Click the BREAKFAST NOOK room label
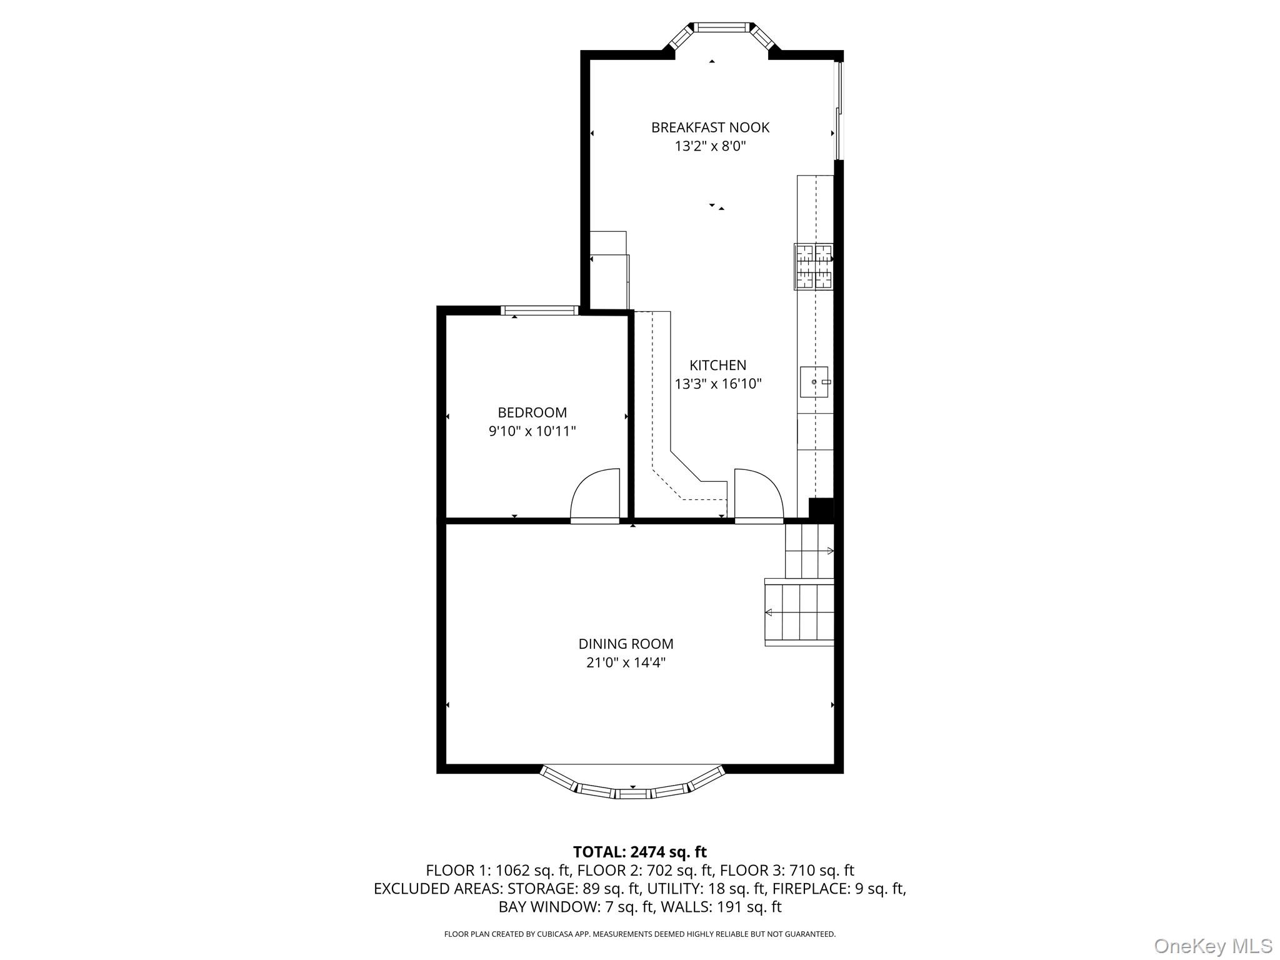click(x=710, y=127)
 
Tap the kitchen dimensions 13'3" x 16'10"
click(x=718, y=384)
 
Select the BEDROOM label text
click(x=532, y=412)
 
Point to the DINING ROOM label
click(x=626, y=644)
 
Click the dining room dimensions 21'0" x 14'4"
click(x=626, y=662)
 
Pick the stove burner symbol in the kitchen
click(x=813, y=267)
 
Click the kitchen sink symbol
click(x=814, y=382)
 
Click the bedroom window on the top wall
click(x=540, y=310)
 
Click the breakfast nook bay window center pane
click(x=722, y=27)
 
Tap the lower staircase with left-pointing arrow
click(x=799, y=612)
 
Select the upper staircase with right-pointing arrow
click(x=809, y=551)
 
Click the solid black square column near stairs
click(x=821, y=508)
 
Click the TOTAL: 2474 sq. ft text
click(x=639, y=852)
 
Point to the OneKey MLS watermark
click(x=1212, y=946)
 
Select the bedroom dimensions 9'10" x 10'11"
click(x=532, y=431)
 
